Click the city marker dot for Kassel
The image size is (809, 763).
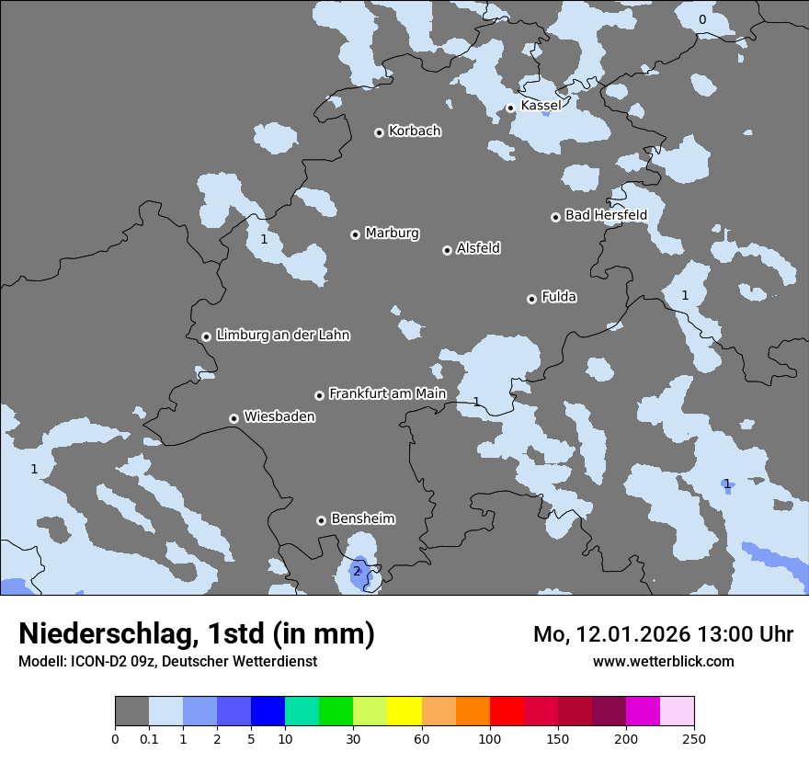(510, 108)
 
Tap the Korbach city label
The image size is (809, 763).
(415, 131)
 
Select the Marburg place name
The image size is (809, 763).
(392, 233)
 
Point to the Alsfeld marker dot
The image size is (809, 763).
(448, 250)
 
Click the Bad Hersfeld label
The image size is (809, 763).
(606, 215)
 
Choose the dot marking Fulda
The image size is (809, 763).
(531, 299)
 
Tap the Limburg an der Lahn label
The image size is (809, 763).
(282, 335)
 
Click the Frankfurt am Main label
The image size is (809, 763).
(387, 393)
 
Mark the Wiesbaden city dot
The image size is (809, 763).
(234, 418)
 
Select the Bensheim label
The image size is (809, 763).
(362, 518)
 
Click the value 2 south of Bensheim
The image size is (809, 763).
(357, 571)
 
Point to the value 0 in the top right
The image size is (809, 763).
(702, 19)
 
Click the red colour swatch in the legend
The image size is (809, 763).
(507, 712)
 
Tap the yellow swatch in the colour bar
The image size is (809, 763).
(404, 712)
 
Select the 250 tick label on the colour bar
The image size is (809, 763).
(693, 738)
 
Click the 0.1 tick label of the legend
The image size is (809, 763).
(149, 738)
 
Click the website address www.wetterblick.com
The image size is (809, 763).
(663, 661)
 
